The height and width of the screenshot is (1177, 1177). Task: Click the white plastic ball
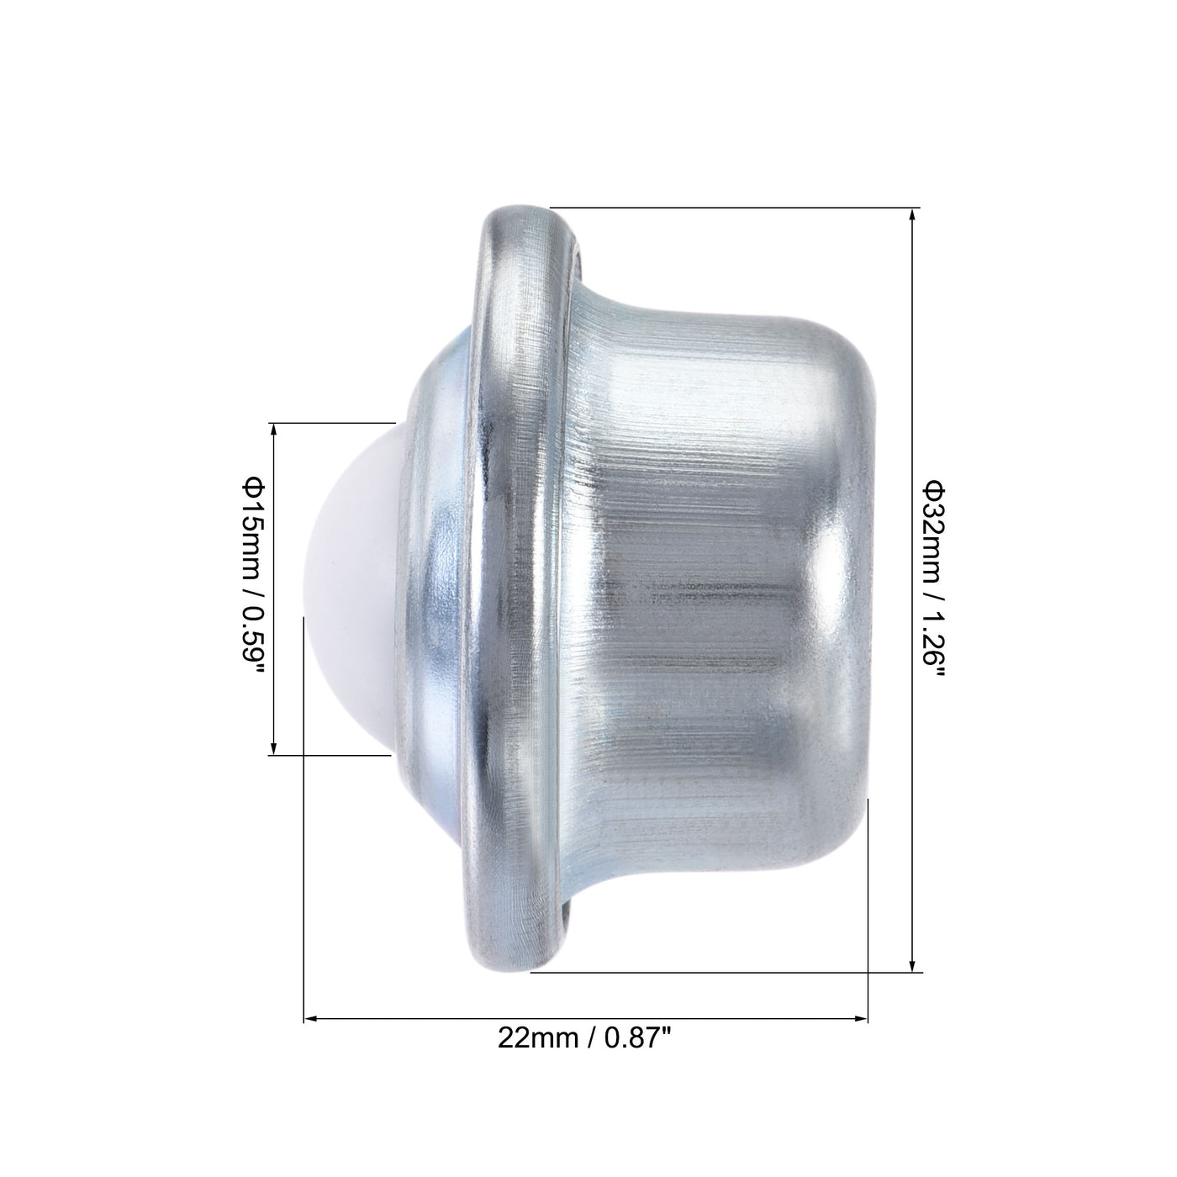353,580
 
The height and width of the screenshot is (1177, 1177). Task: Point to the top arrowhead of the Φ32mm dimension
913,215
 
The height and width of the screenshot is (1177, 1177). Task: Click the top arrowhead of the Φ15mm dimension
273,430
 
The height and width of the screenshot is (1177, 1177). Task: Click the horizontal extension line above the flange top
731,208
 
